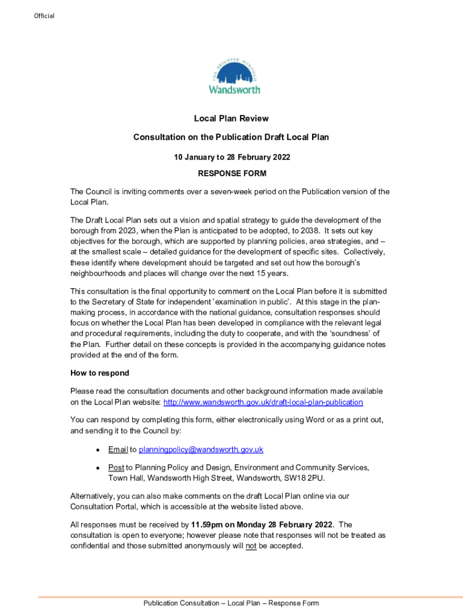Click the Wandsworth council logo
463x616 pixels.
(234, 76)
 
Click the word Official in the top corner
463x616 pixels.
(44, 16)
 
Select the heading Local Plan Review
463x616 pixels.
(231, 119)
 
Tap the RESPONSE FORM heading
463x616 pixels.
(231, 173)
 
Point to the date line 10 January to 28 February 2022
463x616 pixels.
(231, 157)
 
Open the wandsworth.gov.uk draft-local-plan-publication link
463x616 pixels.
(263, 402)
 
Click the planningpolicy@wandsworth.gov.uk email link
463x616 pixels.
(201, 449)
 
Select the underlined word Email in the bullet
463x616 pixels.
(118, 449)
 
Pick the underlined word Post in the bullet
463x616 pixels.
(116, 467)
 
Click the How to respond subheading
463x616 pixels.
(100, 373)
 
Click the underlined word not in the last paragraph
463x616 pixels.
(251, 546)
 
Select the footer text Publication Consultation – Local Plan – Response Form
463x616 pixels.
(231, 603)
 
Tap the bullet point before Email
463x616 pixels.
(97, 450)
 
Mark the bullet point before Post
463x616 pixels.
(97, 468)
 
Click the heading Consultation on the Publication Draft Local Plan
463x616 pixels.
(231, 137)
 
